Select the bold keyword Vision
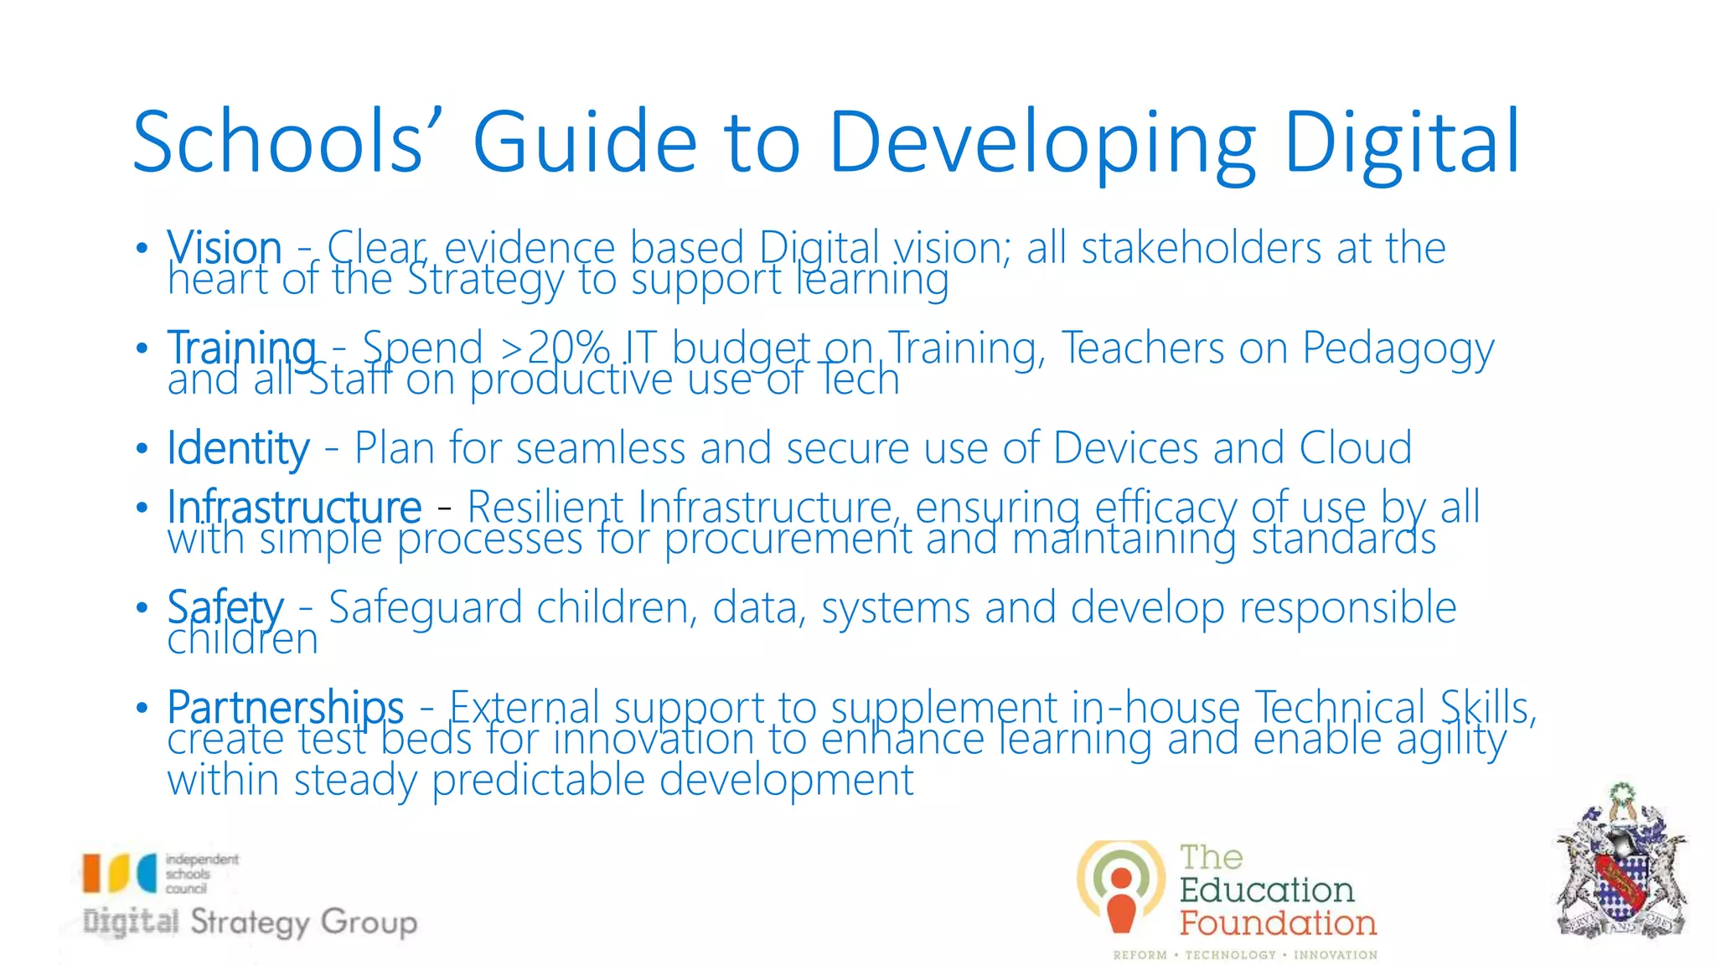224,248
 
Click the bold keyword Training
241,348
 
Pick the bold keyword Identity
238,447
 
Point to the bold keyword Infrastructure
294,507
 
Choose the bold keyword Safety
225,606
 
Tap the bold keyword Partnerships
285,707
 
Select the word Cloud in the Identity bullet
1355,447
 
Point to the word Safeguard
425,607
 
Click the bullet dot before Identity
142,448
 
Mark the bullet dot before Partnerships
142,708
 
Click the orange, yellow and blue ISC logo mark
119,873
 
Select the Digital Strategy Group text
250,922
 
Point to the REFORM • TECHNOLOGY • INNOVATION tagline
1245,955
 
